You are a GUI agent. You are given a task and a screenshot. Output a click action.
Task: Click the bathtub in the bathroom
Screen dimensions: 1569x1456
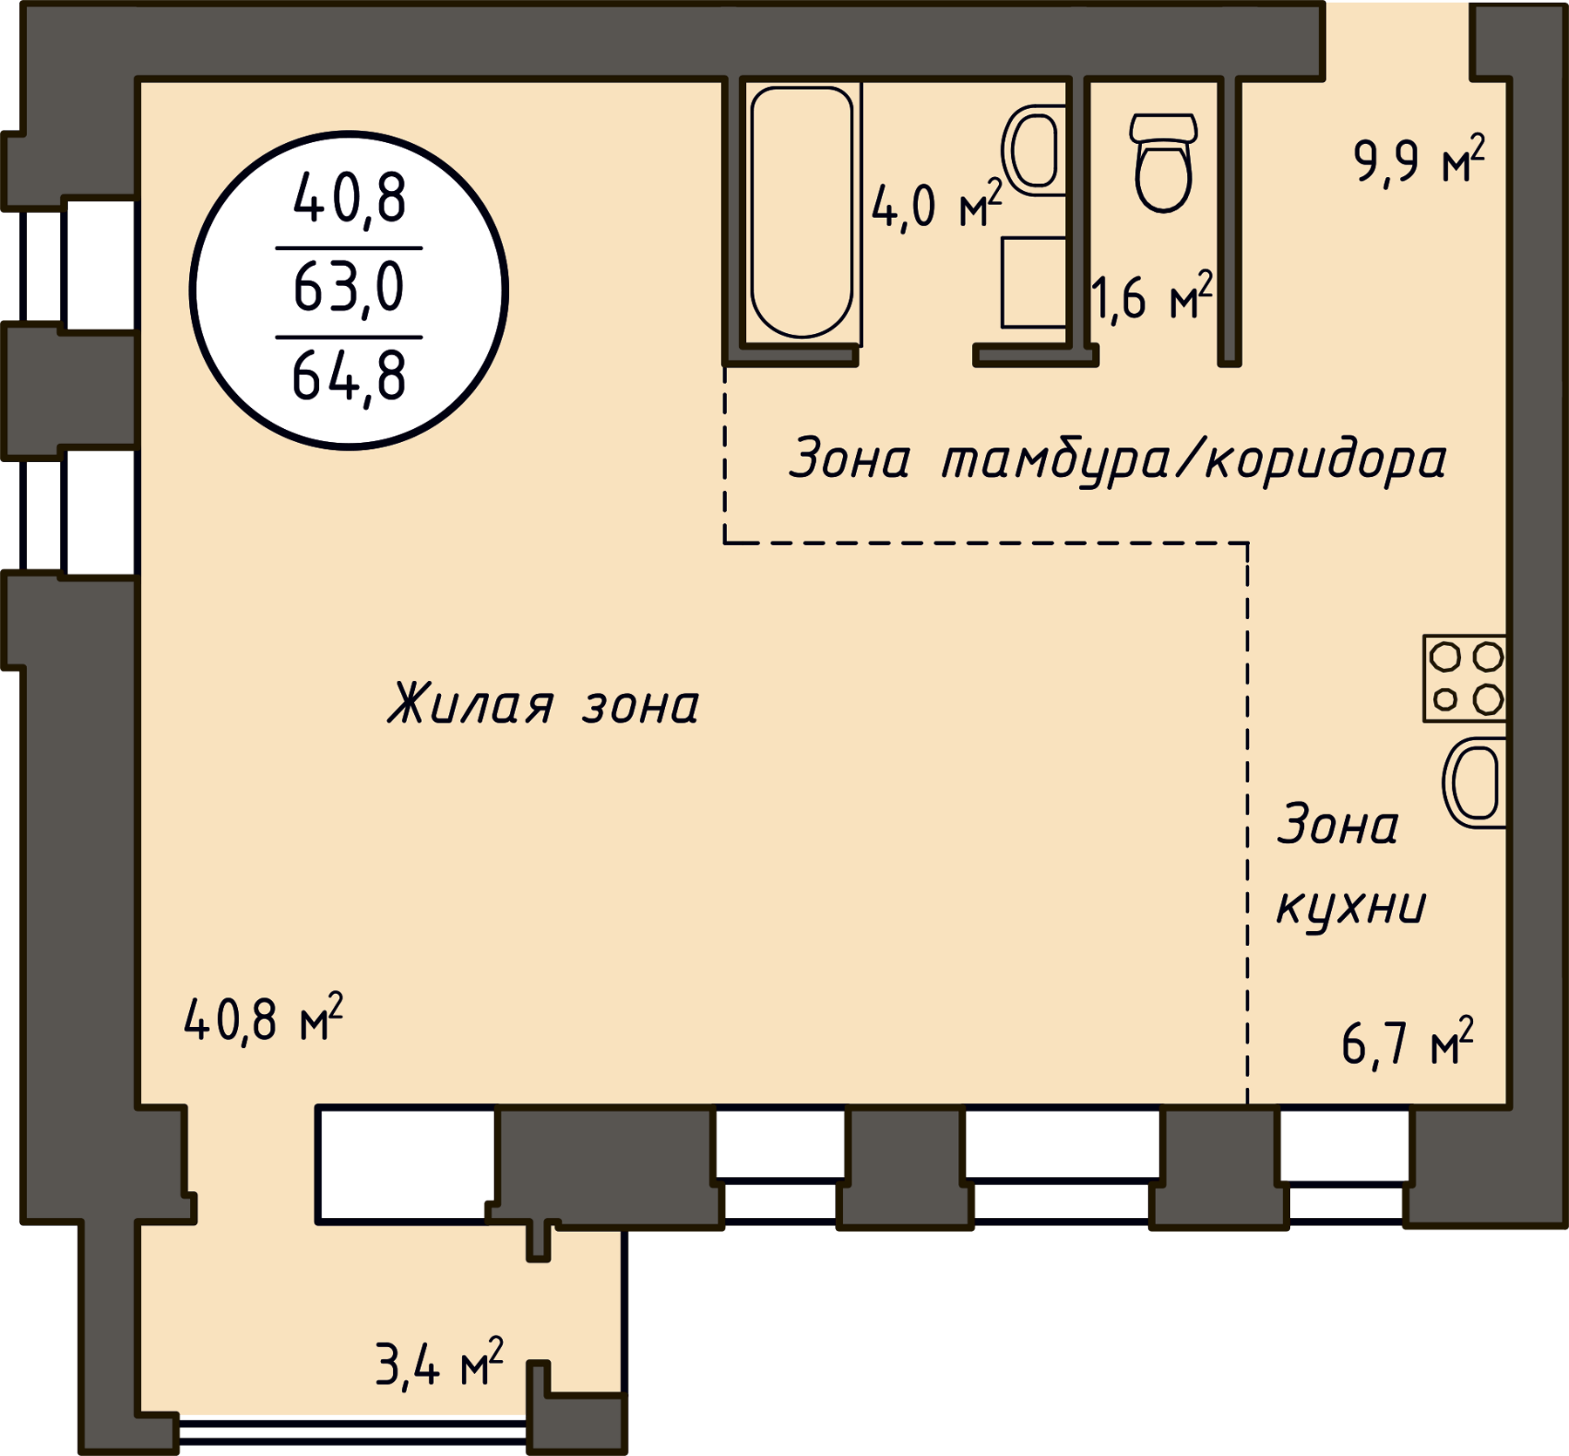click(801, 212)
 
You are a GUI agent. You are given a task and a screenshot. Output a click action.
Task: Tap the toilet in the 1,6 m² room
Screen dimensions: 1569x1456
click(1164, 163)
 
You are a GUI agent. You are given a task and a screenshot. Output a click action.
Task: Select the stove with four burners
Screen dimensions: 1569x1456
click(1464, 678)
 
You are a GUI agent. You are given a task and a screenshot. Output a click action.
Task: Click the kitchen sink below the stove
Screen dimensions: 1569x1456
click(1474, 782)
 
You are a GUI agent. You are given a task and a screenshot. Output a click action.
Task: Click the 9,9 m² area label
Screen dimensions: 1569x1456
click(1419, 160)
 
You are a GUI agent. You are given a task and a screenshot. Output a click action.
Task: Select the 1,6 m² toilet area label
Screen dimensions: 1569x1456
click(1151, 296)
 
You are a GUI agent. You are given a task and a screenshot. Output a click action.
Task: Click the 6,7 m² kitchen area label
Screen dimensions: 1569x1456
click(1408, 1043)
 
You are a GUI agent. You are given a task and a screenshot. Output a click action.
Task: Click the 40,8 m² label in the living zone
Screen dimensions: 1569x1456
click(263, 1017)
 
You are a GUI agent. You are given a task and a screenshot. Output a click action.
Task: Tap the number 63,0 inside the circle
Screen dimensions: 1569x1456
click(349, 288)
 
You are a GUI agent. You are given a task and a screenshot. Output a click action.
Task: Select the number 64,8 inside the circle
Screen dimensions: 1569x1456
click(349, 376)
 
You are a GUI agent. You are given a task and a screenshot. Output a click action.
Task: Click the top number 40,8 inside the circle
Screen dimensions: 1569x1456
click(349, 199)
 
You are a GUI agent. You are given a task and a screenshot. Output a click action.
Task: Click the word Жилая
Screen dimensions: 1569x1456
click(471, 703)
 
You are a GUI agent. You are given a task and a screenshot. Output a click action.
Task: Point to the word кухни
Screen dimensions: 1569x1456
click(1350, 909)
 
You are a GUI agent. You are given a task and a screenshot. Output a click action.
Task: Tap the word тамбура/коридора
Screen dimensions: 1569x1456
click(1194, 459)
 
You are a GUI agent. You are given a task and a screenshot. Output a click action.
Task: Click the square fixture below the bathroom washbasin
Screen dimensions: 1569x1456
click(1034, 282)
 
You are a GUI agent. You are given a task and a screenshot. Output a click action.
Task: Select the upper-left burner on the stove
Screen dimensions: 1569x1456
click(1445, 657)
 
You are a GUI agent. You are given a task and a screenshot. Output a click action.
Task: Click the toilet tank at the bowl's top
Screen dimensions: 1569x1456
click(1164, 128)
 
